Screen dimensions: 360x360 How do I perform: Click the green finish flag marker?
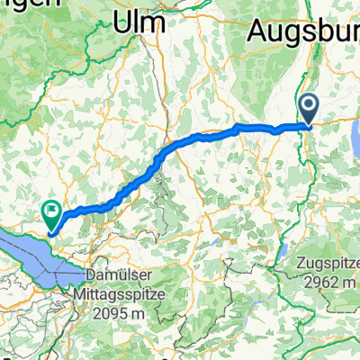tap(51, 213)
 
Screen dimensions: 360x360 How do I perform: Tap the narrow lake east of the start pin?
tap(355, 135)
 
